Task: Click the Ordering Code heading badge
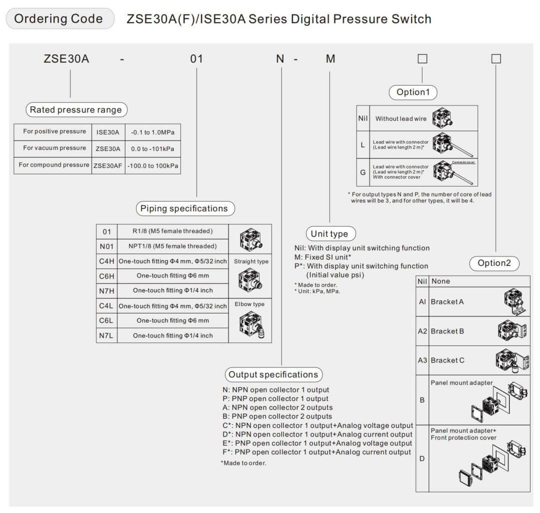[59, 19]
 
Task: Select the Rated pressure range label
[76, 110]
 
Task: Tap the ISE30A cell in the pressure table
[107, 132]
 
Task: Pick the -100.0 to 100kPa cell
[152, 165]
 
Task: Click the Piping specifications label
[184, 208]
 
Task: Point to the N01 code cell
[106, 246]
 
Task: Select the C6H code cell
[106, 275]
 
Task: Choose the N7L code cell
[106, 335]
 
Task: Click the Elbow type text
[249, 304]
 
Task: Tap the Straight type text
[251, 261]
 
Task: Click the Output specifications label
[273, 374]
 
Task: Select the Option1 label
[413, 92]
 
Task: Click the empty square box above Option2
[496, 58]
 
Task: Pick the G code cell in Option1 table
[363, 172]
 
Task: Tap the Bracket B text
[447, 331]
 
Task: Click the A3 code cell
[422, 360]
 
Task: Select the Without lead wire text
[401, 118]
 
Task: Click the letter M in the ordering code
[330, 59]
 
